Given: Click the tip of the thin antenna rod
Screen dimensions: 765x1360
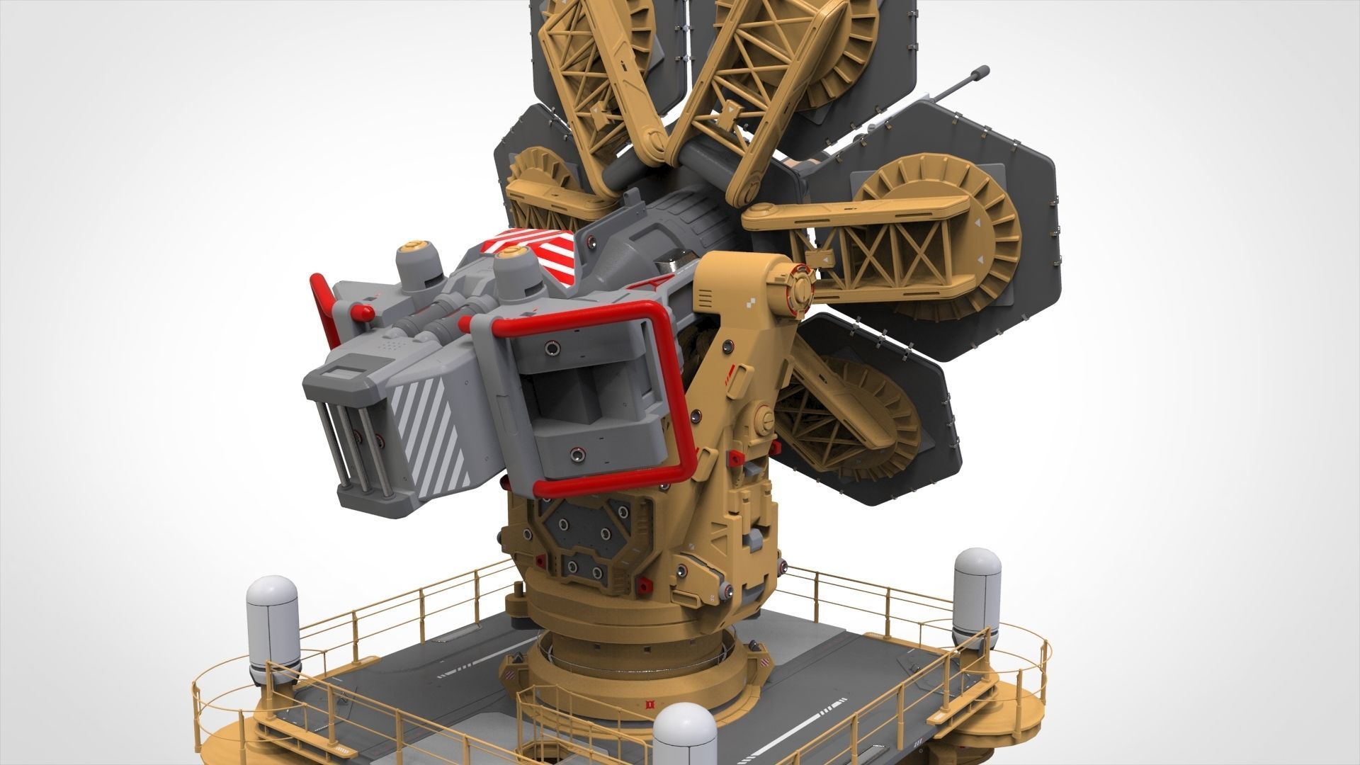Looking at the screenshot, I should (982, 71).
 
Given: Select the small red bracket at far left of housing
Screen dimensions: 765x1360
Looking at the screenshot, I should (321, 297).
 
